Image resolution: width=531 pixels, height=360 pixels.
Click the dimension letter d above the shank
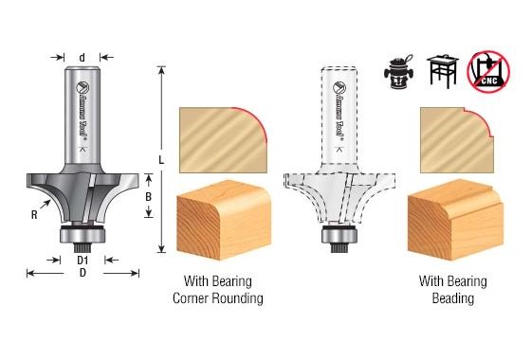click(x=82, y=58)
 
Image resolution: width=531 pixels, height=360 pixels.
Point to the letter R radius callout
click(x=34, y=214)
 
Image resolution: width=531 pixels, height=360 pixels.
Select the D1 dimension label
click(x=82, y=259)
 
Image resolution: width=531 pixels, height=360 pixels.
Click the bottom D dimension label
click(x=82, y=273)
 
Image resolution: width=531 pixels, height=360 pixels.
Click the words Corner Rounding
click(x=217, y=298)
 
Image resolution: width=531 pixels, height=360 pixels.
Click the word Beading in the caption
click(x=453, y=298)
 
